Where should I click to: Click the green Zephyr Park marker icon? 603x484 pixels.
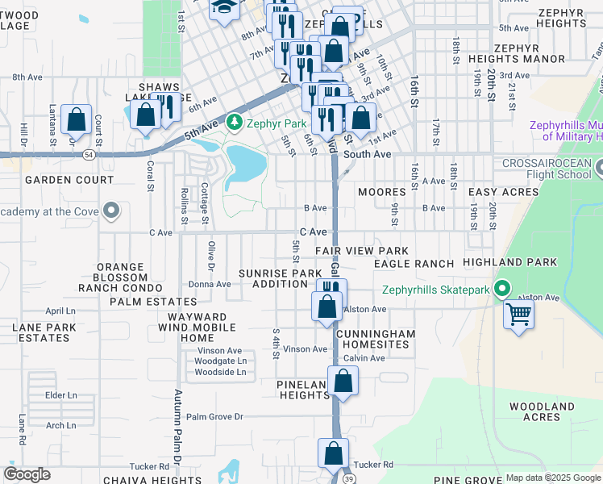tap(234, 123)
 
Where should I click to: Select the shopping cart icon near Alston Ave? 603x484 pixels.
tap(518, 313)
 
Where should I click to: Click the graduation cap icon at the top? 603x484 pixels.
tap(223, 6)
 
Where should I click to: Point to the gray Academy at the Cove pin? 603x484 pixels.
tap(111, 211)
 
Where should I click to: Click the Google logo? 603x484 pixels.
tap(27, 474)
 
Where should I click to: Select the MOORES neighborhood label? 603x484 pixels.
tap(381, 193)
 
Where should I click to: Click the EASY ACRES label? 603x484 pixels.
tap(503, 193)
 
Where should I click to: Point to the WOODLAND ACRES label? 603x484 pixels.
tap(541, 411)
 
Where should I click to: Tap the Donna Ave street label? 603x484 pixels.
tap(210, 284)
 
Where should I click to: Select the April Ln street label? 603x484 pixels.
tap(60, 311)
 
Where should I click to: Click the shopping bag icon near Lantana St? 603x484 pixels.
tap(76, 119)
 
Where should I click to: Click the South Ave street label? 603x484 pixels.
tap(367, 154)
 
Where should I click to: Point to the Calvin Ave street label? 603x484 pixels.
tap(364, 358)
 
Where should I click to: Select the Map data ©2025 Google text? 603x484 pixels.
tap(553, 478)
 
